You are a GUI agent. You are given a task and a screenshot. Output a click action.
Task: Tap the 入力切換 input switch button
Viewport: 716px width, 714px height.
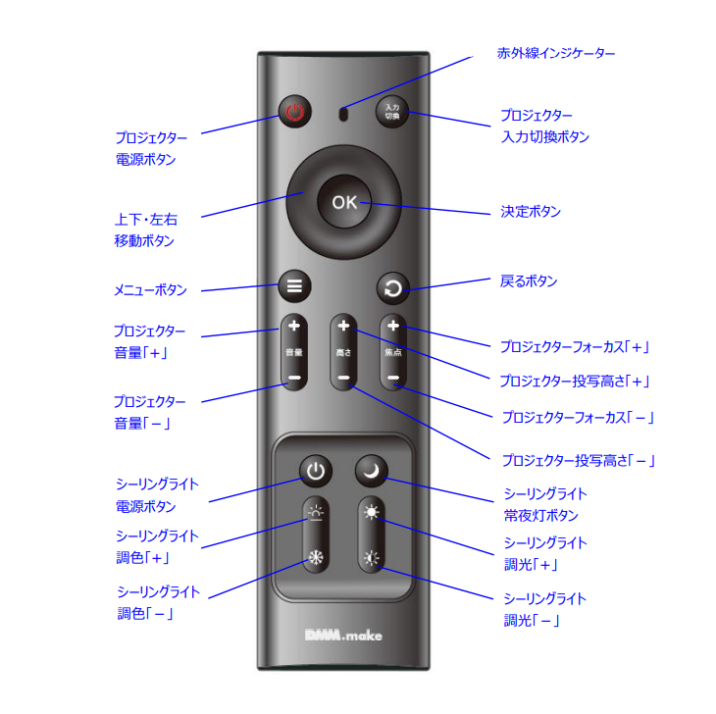click(391, 112)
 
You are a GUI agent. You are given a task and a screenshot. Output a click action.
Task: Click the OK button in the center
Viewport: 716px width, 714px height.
click(344, 202)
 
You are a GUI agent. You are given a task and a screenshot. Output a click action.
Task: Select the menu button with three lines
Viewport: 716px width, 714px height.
click(294, 286)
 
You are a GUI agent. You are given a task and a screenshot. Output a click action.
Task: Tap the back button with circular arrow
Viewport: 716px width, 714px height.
click(392, 288)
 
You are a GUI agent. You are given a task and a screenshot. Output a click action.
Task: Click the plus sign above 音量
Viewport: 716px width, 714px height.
click(294, 326)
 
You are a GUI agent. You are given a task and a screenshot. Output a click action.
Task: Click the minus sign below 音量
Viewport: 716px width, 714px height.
click(294, 378)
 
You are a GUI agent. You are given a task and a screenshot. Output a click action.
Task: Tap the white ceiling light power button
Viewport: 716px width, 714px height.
click(316, 471)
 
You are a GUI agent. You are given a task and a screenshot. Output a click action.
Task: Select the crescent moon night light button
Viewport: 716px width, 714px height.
click(372, 470)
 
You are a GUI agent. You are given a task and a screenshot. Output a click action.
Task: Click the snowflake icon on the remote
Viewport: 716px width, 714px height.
click(316, 557)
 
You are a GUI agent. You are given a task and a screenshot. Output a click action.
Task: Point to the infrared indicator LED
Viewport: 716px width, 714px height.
click(343, 114)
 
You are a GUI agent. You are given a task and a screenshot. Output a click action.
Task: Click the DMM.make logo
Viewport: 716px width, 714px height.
click(343, 635)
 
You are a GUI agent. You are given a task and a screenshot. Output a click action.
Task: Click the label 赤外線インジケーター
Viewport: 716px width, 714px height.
click(556, 53)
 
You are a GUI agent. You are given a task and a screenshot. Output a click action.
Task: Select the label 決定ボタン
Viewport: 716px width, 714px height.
click(531, 212)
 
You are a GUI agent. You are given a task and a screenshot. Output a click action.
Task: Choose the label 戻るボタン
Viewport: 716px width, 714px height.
click(529, 280)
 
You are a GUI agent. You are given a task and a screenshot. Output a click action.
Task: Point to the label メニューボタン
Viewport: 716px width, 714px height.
click(150, 289)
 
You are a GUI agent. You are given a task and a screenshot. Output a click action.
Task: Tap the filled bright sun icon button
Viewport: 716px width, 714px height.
click(372, 512)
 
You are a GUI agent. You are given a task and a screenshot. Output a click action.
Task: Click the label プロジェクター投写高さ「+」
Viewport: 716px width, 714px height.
click(575, 381)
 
